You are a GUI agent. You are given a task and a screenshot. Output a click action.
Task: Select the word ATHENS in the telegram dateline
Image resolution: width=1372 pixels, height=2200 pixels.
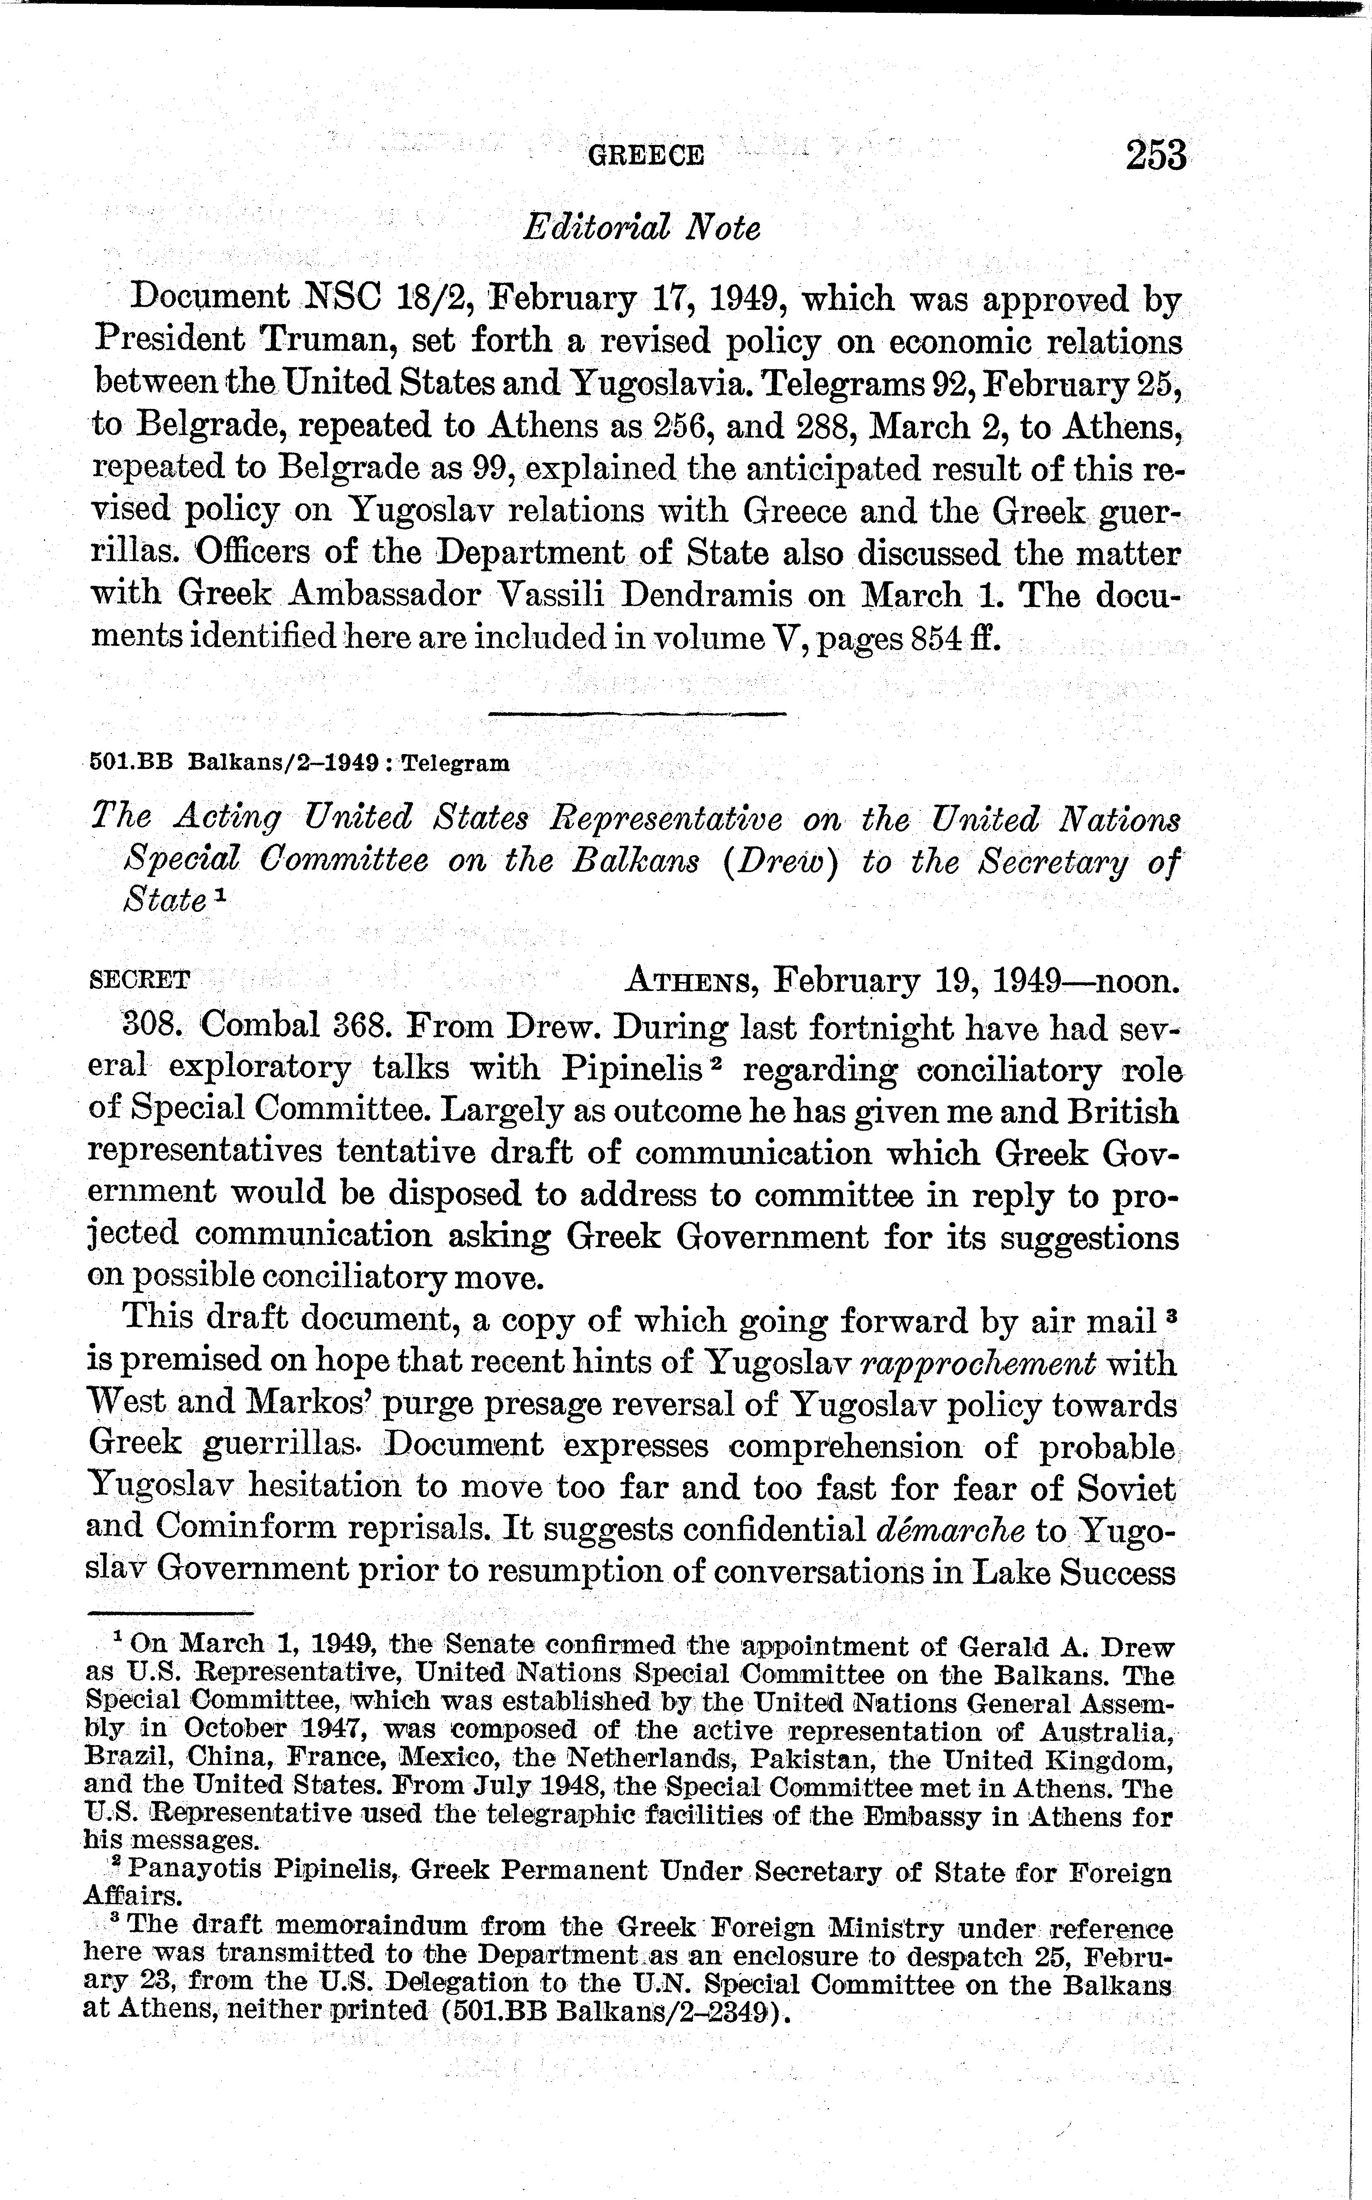pos(686,980)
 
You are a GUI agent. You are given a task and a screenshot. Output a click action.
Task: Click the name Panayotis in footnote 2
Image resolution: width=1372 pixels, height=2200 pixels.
pos(193,1871)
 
